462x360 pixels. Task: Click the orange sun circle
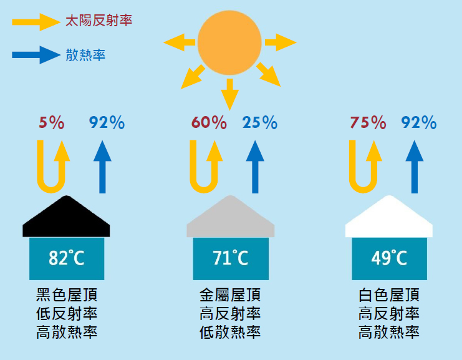(229, 43)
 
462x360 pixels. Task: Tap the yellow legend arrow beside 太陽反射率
(36, 22)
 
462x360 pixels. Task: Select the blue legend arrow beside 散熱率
(36, 55)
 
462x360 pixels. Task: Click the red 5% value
(52, 122)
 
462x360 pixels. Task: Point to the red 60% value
(209, 122)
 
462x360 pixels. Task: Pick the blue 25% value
(259, 122)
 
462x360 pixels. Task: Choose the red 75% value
(368, 122)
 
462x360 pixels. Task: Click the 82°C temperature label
(67, 258)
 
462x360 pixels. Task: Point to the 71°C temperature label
(231, 258)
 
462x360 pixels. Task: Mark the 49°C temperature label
(389, 258)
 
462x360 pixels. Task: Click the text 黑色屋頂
(67, 294)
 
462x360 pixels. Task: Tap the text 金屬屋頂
(230, 294)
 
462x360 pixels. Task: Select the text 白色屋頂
(389, 294)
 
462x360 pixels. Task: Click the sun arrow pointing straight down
(230, 94)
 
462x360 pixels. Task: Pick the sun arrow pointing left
(179, 42)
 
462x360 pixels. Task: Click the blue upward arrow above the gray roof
(255, 167)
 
